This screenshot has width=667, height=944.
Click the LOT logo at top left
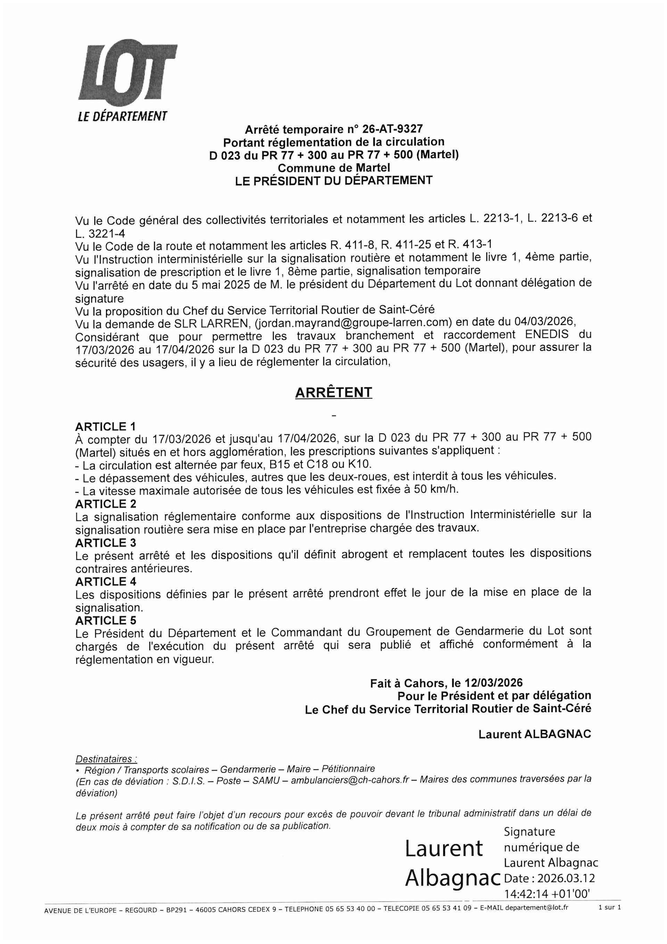[x=127, y=73]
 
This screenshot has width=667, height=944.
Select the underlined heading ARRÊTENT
[x=333, y=392]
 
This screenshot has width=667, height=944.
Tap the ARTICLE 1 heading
[x=106, y=426]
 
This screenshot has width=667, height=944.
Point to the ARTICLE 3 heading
[x=106, y=543]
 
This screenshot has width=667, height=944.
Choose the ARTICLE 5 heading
[x=106, y=620]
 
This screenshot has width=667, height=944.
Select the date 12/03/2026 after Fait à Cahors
[x=494, y=683]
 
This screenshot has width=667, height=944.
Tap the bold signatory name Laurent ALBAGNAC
[x=534, y=734]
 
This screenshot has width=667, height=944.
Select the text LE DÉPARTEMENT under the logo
[x=122, y=116]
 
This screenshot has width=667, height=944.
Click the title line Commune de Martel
[x=333, y=168]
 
